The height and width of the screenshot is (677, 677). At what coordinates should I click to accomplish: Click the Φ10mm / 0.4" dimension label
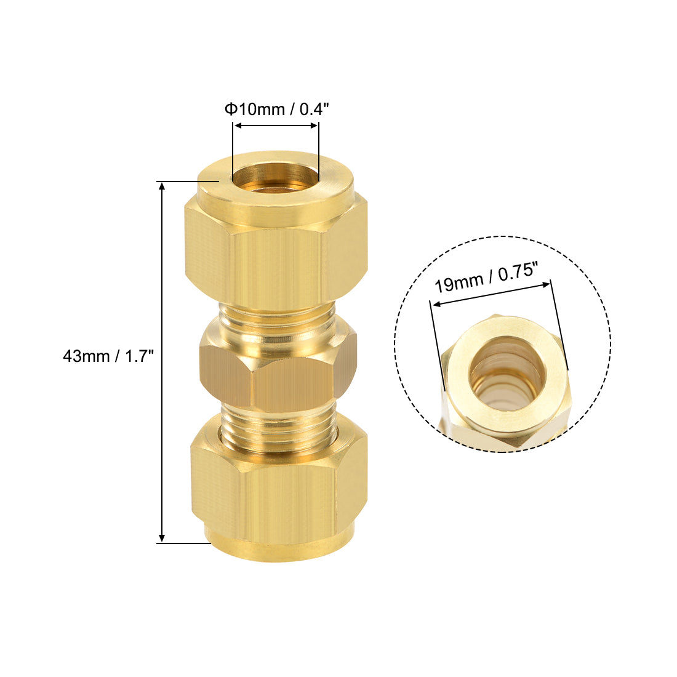click(276, 109)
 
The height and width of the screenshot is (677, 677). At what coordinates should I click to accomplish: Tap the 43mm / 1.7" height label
click(108, 356)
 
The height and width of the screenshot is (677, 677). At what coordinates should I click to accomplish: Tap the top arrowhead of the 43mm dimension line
click(162, 186)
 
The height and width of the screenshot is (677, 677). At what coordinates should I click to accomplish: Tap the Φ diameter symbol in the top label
click(231, 109)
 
